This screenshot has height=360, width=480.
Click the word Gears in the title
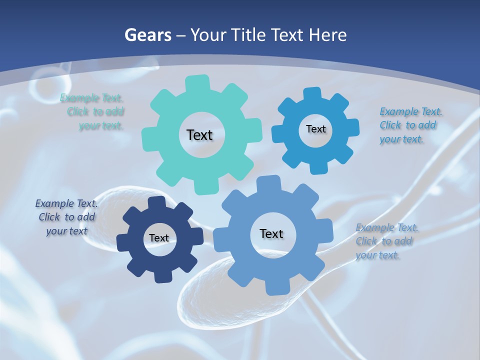click(147, 35)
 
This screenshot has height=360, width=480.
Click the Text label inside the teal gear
click(199, 135)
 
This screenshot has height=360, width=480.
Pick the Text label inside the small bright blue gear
click(315, 129)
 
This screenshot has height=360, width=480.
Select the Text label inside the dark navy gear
click(159, 238)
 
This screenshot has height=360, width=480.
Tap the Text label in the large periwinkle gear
click(271, 233)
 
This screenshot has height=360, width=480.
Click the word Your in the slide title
click(206, 35)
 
